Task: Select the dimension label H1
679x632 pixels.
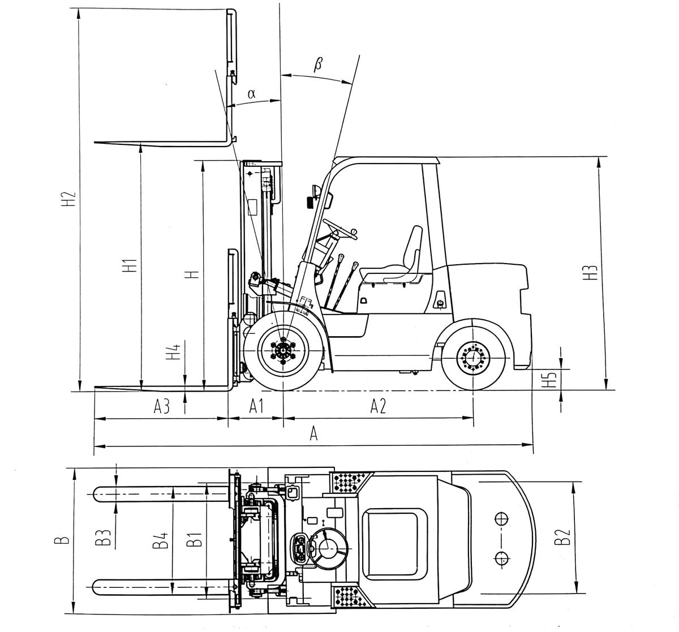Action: click(x=130, y=266)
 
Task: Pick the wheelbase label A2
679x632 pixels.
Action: click(x=378, y=406)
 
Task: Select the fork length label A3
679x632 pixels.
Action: click(x=162, y=406)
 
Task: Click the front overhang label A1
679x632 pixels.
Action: click(x=257, y=406)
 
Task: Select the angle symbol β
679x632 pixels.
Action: click(x=317, y=64)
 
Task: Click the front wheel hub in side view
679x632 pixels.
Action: click(x=282, y=351)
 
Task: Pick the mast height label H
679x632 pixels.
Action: click(x=193, y=274)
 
